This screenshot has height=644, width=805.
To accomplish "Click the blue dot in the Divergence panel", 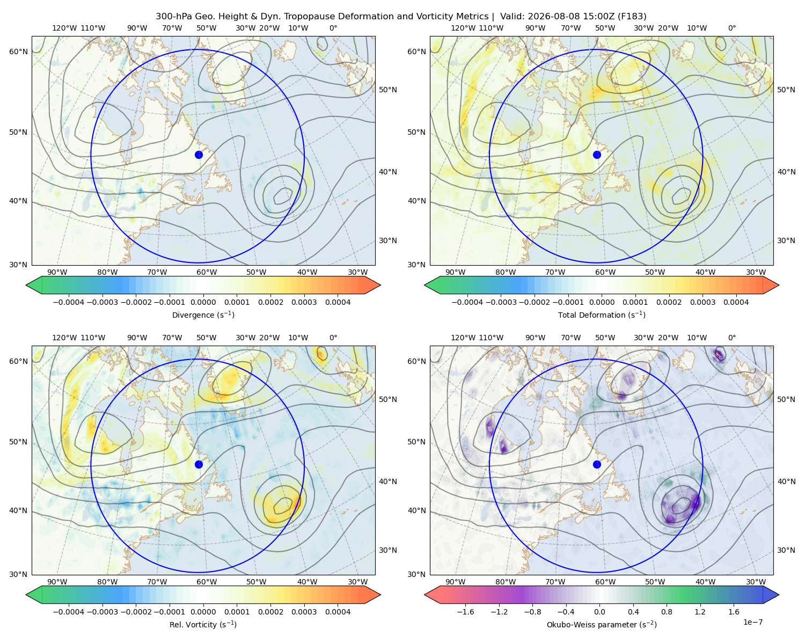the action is click(x=199, y=155).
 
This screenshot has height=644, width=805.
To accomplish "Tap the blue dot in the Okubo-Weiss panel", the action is click(x=597, y=464).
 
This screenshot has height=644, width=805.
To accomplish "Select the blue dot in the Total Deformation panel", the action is click(x=597, y=155).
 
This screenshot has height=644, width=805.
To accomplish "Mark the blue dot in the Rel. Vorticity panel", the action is click(x=199, y=464).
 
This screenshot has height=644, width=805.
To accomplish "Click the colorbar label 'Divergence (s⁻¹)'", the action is click(x=203, y=314).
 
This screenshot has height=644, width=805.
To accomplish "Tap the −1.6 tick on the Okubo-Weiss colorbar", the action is click(x=465, y=611).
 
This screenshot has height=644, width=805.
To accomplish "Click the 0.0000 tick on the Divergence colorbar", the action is click(x=203, y=302).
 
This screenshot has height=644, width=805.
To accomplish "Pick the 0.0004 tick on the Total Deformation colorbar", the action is click(x=736, y=302).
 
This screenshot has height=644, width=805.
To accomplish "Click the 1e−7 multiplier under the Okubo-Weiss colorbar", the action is click(x=752, y=622).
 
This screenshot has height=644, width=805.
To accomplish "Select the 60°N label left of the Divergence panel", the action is click(x=18, y=52).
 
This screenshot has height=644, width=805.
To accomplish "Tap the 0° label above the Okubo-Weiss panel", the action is click(x=731, y=338).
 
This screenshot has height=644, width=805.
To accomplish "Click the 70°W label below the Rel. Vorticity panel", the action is click(x=157, y=582).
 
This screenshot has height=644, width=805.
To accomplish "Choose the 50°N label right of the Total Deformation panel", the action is click(x=786, y=90).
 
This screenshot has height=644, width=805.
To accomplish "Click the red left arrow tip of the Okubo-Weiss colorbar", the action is click(x=425, y=595).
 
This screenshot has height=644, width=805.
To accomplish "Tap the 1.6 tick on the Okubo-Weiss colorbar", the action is click(x=734, y=611).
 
